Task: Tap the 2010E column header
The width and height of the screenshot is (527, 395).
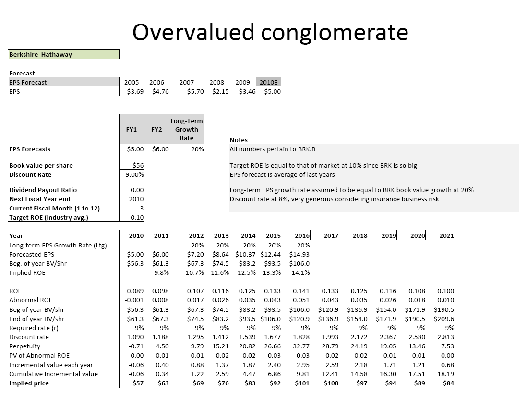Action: pos(269,82)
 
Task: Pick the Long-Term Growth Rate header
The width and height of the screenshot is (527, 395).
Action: pos(186,129)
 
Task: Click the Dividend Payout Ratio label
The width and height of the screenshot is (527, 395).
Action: pos(43,190)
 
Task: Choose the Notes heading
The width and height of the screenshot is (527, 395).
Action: pos(239,140)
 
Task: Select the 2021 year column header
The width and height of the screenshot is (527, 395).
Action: pos(446,235)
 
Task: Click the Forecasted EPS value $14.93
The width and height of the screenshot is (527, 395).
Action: pos(299,254)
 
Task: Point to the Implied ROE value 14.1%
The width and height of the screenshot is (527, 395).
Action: pos(300,272)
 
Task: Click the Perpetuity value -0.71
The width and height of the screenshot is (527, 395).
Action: pos(137,346)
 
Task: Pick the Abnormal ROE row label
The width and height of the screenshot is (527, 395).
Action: pos(31,300)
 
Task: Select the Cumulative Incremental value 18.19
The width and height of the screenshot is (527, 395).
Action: pos(446,374)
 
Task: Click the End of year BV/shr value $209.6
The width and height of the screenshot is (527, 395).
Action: pos(443,319)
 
